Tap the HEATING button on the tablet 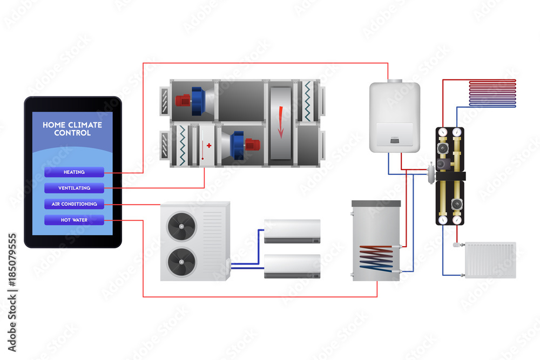point(74,172)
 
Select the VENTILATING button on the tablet point(74,188)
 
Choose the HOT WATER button point(74,220)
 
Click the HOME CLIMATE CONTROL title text point(72,129)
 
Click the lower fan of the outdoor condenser point(181,261)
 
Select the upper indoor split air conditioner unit point(292,231)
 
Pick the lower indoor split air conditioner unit point(292,266)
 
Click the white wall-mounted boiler point(395,116)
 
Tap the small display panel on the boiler point(395,141)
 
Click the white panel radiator point(490,260)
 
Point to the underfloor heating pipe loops point(492,92)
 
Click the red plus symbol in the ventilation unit point(209,146)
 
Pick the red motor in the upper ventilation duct point(183,100)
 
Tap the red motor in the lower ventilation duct point(252,144)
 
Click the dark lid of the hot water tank point(376,203)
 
